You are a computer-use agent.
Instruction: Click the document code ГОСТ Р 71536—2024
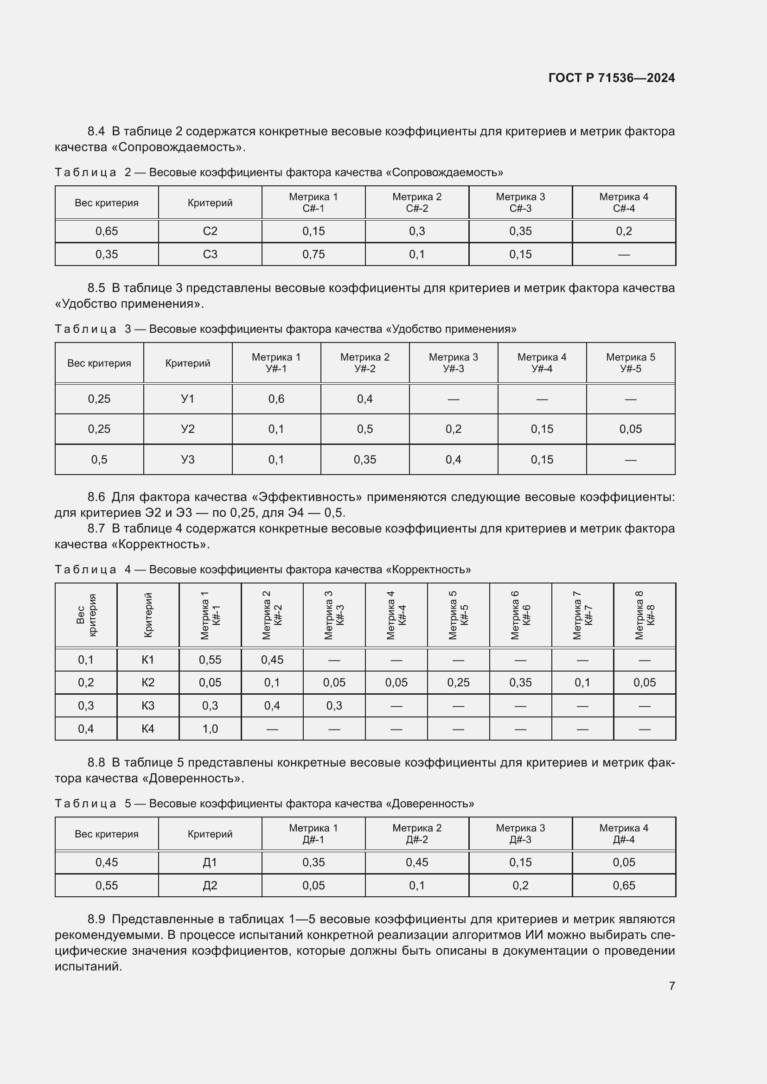(611, 78)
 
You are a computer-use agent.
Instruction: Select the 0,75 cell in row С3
(313, 254)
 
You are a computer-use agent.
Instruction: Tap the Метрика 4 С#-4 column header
(623, 203)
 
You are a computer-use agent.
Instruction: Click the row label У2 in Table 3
(187, 429)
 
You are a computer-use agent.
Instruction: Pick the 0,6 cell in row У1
(276, 399)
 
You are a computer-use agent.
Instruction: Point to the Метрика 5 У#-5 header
(631, 362)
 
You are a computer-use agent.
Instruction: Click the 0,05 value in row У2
(631, 429)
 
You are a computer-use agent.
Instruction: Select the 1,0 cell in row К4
(210, 729)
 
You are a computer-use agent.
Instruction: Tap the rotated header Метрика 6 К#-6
(520, 615)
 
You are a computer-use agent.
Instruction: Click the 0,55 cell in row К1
(210, 660)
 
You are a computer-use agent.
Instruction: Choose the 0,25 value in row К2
(458, 683)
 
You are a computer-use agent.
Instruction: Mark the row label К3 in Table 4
(148, 706)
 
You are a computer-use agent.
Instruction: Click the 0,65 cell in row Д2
(623, 886)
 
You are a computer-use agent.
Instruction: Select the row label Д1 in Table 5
(210, 862)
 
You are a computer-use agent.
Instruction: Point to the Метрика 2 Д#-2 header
(416, 834)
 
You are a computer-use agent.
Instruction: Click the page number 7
(671, 986)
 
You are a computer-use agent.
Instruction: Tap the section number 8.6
(96, 497)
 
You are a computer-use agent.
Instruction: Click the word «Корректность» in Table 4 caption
(428, 570)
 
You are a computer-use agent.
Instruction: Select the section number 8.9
(96, 919)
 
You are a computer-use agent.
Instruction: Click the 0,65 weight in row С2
(107, 231)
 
